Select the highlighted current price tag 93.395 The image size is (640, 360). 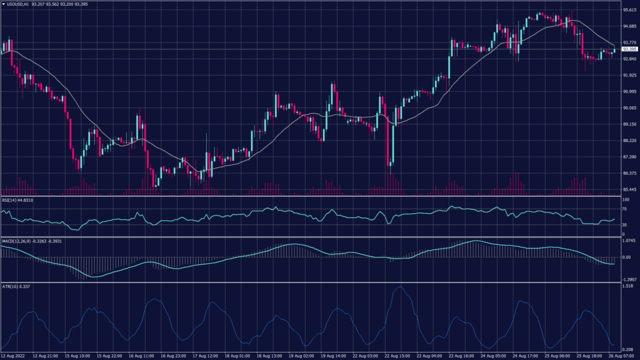tap(628, 49)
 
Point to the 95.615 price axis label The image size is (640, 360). tap(629, 10)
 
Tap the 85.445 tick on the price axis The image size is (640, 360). tap(629, 189)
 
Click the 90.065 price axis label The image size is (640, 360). tap(629, 108)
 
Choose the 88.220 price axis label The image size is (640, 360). tap(629, 141)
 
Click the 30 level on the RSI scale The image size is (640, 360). tap(624, 224)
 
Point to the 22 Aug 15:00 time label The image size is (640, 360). tap(399, 355)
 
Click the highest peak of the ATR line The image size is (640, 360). tap(398, 287)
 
